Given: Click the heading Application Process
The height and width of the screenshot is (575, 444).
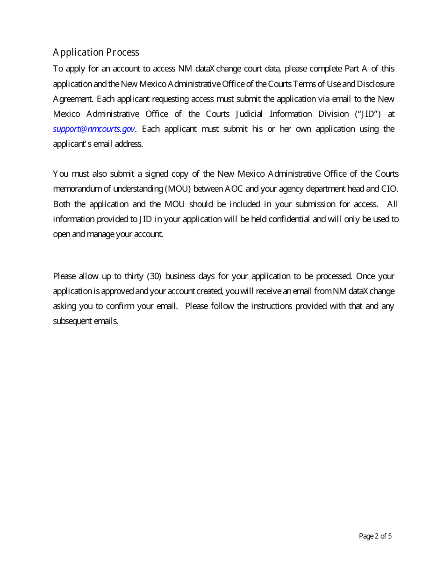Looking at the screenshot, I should click(x=96, y=52).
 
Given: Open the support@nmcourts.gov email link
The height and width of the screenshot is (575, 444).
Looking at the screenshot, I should click(x=93, y=129).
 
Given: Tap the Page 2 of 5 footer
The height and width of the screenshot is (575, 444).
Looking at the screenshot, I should click(x=375, y=536).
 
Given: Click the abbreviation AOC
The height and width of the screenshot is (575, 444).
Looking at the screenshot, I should click(x=234, y=189).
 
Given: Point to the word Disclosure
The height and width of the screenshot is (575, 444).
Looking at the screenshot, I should click(x=376, y=84).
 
